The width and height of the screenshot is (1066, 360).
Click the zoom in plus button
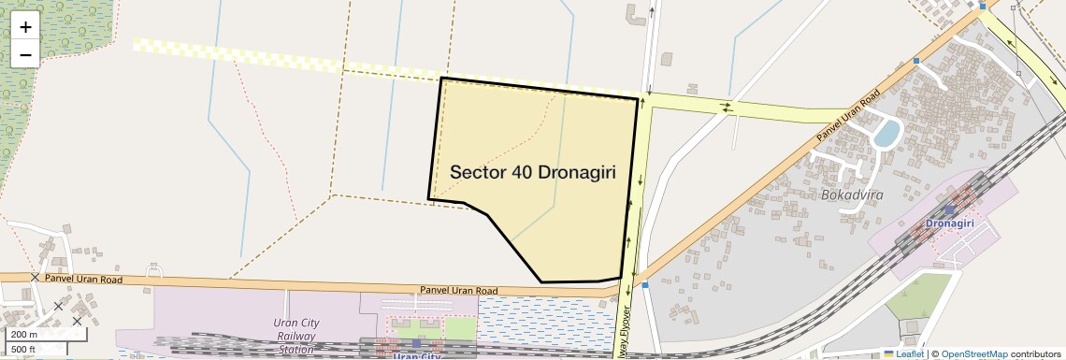pos(25,27)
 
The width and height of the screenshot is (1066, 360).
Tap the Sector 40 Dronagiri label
pos(538,173)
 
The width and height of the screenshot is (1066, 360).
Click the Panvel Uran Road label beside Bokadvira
pos(848,117)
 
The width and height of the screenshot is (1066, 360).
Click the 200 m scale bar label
pos(24,334)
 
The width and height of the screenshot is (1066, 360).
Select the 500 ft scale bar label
pos(23,350)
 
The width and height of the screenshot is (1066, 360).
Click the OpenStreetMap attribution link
pos(973,354)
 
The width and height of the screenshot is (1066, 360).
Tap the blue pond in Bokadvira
pos(886,134)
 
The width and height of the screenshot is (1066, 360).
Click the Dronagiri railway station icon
pos(949,210)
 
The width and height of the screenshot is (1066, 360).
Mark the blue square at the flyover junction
pos(645,284)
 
